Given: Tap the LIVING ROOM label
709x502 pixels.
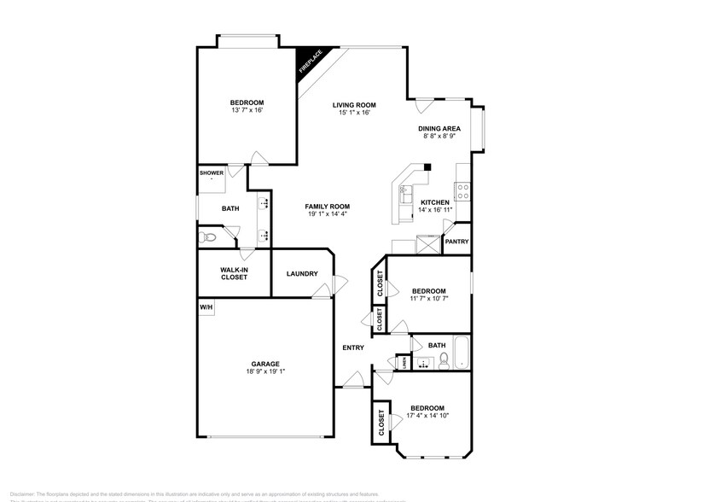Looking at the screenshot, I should click(355, 105).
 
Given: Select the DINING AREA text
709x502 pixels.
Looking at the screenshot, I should click(439, 129).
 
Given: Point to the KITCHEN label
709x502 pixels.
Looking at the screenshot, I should click(435, 202).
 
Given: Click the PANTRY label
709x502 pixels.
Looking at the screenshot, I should click(456, 242).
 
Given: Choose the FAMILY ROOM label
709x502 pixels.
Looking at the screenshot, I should click(328, 207).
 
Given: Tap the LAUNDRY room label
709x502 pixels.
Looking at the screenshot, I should click(302, 274).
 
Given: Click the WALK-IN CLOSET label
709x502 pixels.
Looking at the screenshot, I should click(234, 273).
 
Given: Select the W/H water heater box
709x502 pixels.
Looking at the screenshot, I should click(206, 307).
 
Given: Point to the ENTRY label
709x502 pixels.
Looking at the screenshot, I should click(353, 347).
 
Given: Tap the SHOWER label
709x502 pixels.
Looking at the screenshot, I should click(212, 173).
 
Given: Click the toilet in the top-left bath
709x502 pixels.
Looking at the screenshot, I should click(206, 237).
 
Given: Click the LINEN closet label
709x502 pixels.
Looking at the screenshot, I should click(404, 363).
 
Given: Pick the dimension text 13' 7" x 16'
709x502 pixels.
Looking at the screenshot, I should click(247, 110).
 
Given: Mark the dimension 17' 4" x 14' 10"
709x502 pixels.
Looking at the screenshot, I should click(427, 416).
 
